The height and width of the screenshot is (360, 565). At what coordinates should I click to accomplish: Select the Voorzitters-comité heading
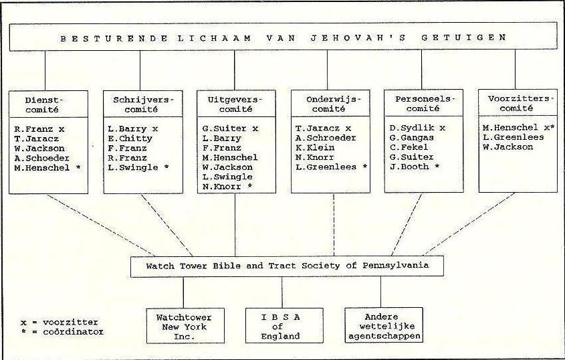pyautogui.click(x=518, y=103)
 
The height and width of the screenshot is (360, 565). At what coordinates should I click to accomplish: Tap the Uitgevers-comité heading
pyautogui.click(x=235, y=104)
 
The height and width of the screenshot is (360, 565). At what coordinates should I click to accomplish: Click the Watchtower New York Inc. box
pyautogui.click(x=185, y=326)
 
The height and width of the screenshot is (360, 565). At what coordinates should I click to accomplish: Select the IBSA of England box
pyautogui.click(x=284, y=325)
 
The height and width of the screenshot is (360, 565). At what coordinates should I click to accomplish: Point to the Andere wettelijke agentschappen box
pyautogui.click(x=384, y=325)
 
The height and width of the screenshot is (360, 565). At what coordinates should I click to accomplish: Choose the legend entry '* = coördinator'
pyautogui.click(x=62, y=331)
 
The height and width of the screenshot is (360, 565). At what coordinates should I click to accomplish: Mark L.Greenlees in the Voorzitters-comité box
pyautogui.click(x=508, y=137)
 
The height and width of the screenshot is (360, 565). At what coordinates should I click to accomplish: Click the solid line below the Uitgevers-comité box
pyautogui.click(x=235, y=225)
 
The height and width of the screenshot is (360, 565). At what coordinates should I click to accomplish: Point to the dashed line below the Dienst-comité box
pyautogui.click(x=101, y=226)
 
